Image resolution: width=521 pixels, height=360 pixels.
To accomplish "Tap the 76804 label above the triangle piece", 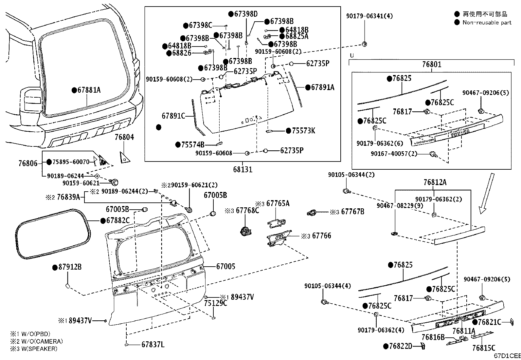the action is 124,137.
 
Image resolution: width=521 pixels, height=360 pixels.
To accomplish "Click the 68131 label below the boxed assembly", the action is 243,169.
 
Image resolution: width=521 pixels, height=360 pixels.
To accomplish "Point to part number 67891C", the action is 173,116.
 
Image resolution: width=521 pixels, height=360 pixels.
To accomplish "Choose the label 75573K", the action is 303,131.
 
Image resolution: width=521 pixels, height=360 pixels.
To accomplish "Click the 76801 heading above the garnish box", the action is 432,64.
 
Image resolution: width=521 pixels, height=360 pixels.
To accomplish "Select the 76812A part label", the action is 435,182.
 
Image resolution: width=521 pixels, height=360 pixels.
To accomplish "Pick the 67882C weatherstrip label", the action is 118,220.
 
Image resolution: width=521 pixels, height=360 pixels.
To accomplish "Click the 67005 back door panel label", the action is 225,266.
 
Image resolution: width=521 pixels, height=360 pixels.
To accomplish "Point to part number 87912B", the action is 70,267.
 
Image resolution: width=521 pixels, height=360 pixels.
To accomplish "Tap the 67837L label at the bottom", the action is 153,344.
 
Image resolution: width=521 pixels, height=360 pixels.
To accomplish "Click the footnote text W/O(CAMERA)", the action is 42,341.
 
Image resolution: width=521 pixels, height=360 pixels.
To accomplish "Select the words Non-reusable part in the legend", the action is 487,23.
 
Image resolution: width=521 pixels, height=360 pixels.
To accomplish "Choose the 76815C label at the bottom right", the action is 484,348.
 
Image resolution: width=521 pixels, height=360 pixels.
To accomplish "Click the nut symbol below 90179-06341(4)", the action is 365,44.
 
